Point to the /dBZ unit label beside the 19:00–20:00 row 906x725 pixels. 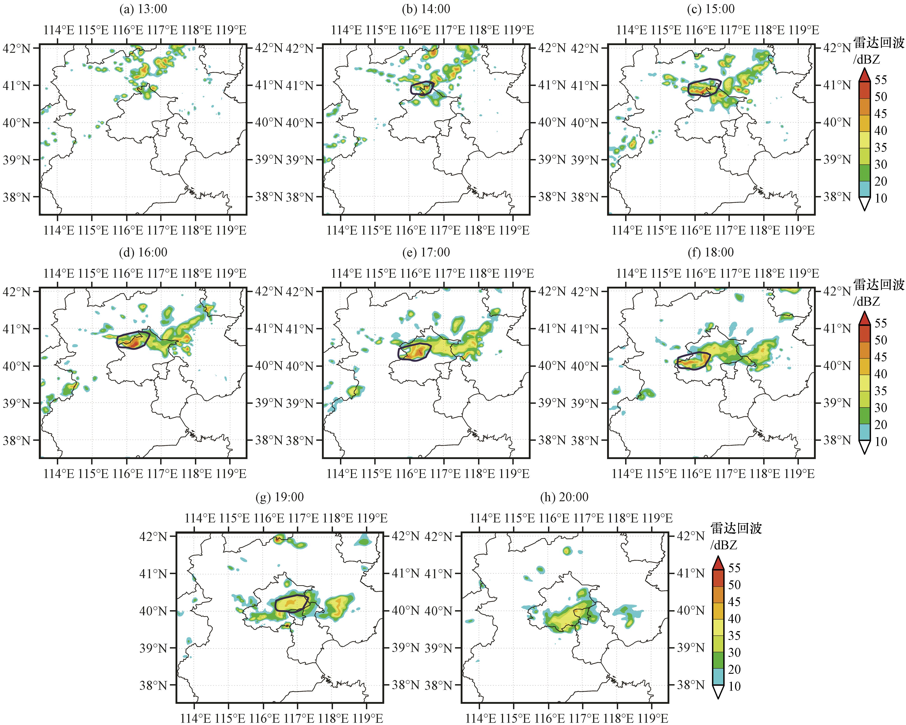tap(724, 545)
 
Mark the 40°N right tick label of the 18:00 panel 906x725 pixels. tap(837, 366)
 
